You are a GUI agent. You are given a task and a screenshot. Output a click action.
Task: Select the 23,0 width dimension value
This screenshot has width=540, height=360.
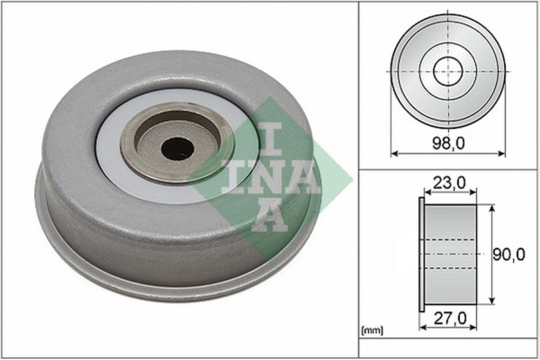(x=447, y=184)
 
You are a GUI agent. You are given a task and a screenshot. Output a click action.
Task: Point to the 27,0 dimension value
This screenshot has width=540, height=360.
(x=447, y=319)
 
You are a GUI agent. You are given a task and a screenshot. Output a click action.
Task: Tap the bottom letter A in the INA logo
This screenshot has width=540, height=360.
(x=268, y=216)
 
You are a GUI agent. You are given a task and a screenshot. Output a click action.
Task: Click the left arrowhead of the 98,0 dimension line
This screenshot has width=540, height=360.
(x=394, y=154)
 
